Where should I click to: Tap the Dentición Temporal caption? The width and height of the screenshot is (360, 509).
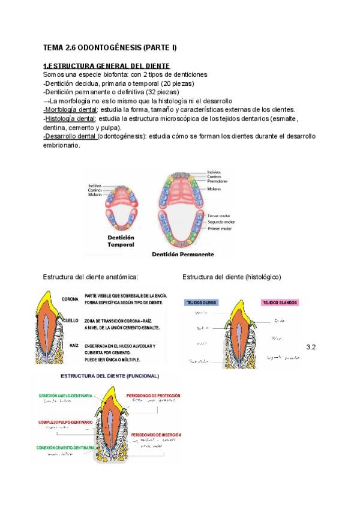(x=121, y=241)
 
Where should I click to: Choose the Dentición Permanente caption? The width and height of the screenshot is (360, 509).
(x=182, y=254)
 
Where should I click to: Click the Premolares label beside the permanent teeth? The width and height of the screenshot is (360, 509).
(x=217, y=181)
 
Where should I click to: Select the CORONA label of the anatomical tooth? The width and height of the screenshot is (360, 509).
(x=70, y=299)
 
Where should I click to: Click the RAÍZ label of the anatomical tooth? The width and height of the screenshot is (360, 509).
(x=74, y=346)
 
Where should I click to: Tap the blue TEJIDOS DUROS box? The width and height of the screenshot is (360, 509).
(x=202, y=303)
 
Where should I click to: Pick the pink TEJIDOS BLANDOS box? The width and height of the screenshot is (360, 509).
(x=279, y=303)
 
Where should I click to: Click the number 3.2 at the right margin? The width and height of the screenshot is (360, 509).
(x=311, y=348)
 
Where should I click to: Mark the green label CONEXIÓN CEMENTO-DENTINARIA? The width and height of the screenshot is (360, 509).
(x=65, y=448)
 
